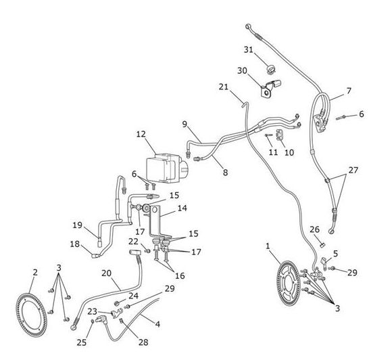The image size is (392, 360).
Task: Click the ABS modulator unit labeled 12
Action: [166, 168]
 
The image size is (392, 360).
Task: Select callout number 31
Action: [249, 50]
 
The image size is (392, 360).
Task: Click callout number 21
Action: [224, 87]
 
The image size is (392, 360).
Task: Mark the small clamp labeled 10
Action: [279, 135]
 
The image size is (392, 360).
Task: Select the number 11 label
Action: [273, 152]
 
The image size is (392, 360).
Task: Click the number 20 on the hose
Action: [106, 273]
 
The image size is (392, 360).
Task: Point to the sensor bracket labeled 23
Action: [116, 313]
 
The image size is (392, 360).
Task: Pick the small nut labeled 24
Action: [116, 303]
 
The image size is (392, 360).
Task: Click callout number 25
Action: [82, 342]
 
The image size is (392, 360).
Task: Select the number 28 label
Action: [143, 342]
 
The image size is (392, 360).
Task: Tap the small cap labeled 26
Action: [322, 244]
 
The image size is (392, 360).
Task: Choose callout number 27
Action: [353, 171]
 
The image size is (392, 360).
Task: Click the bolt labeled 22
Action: [148, 250]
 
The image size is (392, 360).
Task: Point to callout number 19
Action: [77, 225]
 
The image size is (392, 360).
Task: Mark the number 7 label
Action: [349, 91]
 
